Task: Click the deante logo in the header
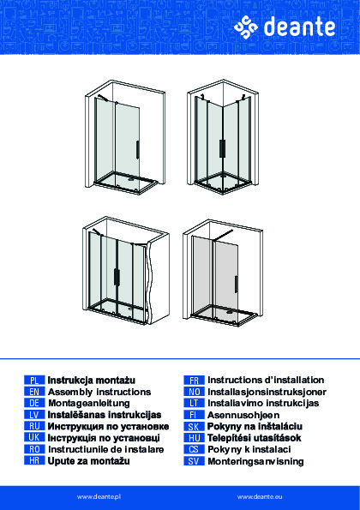pos(285,27)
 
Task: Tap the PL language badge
pos(34,380)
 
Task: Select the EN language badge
pos(34,392)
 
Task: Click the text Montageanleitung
pos(89,404)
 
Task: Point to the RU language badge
pos(34,426)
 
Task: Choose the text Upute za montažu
pos(89,461)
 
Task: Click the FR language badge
pos(195,380)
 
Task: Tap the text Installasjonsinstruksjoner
pos(267,392)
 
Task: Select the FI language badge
pos(195,415)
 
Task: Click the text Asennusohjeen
pos(243,415)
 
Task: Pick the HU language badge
pos(195,438)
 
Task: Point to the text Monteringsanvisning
pos(255,461)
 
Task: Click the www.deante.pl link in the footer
pos(99,497)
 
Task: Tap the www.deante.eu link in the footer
pos(260,497)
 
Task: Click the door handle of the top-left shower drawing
pos(137,150)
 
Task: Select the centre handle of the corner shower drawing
pos(222,149)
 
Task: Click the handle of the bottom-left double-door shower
pos(116,278)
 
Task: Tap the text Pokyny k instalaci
pos(249,449)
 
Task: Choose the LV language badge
pos(34,415)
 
